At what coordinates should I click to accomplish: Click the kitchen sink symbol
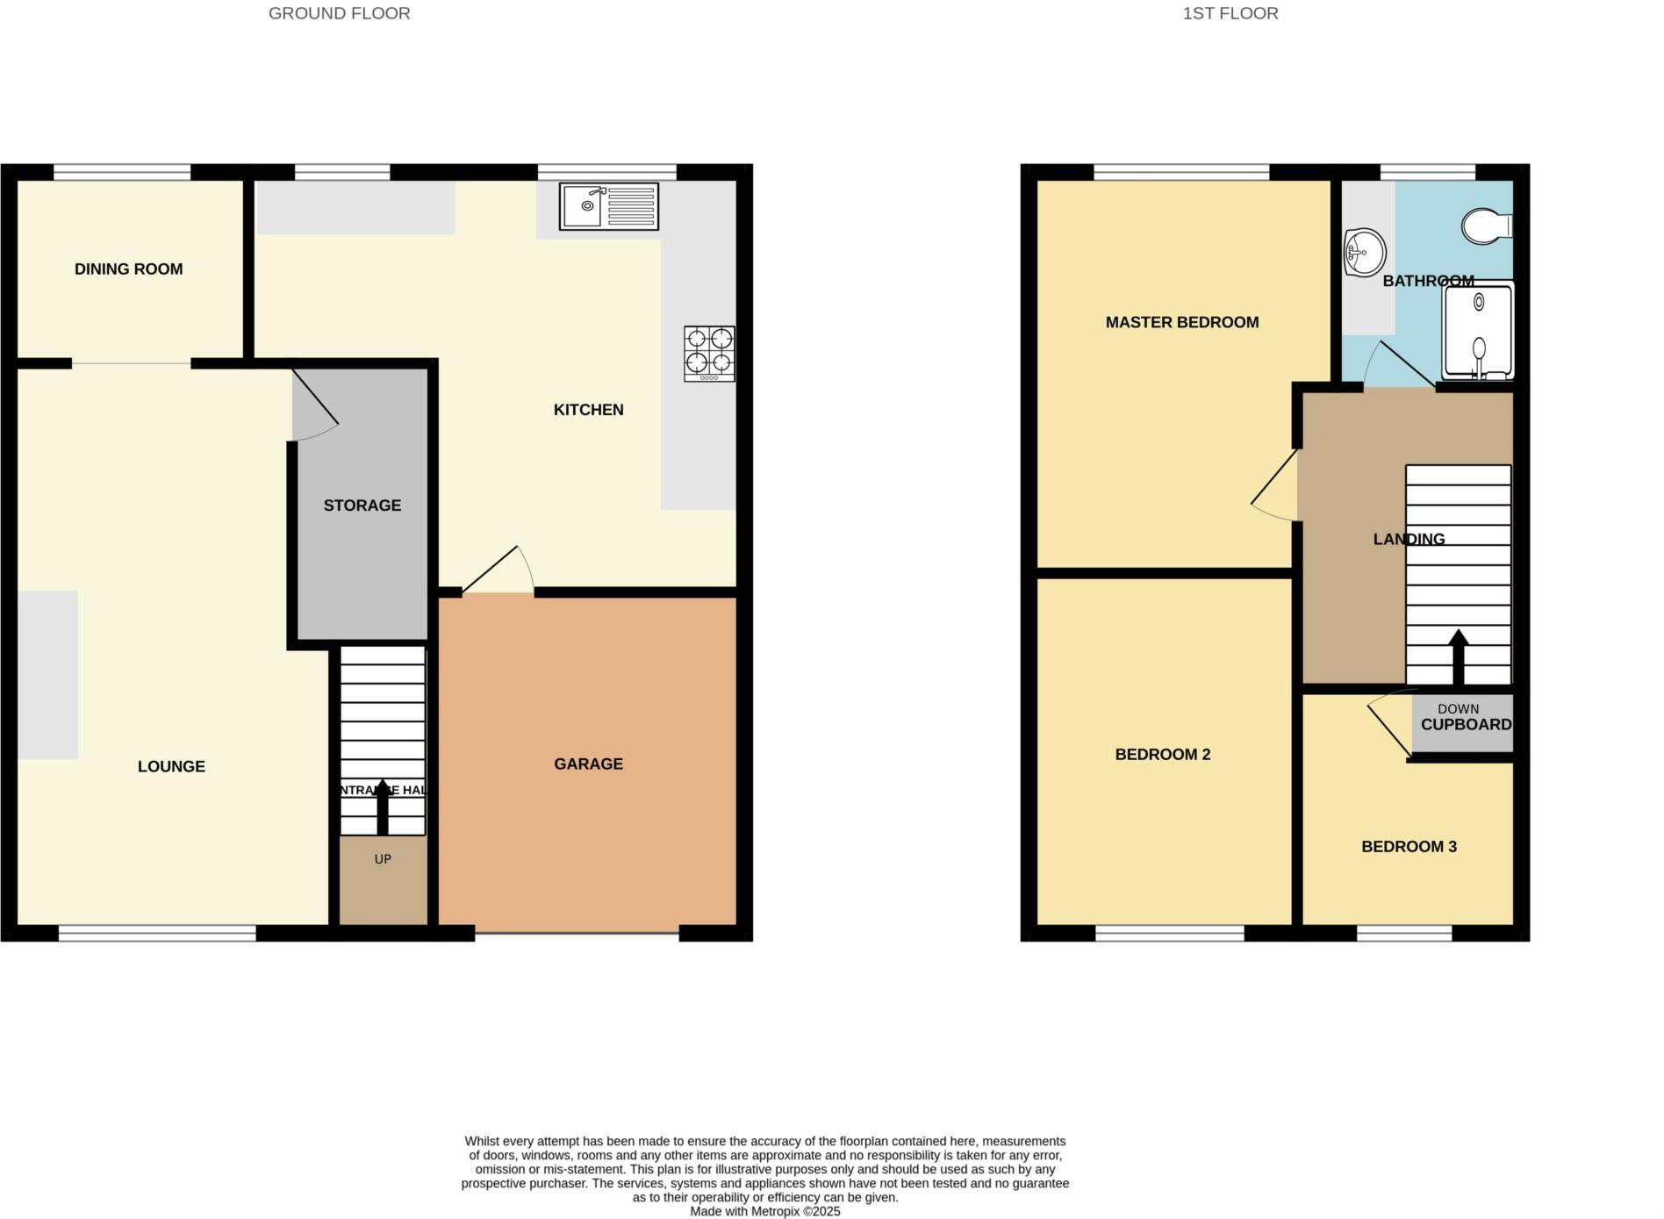click(x=608, y=206)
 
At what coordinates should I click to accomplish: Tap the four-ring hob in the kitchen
click(x=709, y=353)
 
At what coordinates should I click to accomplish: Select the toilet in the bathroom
click(x=1486, y=226)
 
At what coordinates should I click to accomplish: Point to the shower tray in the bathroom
click(x=1479, y=331)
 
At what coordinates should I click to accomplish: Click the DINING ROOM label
click(x=128, y=269)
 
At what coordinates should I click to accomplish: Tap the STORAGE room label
click(x=362, y=506)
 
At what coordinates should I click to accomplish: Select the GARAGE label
click(x=588, y=764)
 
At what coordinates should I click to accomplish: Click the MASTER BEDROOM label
click(x=1181, y=322)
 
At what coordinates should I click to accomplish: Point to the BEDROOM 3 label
click(x=1408, y=847)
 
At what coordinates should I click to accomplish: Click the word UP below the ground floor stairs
click(x=383, y=859)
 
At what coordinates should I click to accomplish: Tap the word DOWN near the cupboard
click(x=1458, y=708)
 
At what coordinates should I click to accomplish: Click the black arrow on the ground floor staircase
click(x=382, y=806)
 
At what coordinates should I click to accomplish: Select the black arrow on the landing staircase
click(x=1458, y=656)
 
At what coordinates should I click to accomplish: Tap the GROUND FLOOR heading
click(x=339, y=13)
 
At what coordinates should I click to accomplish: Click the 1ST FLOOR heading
click(x=1230, y=13)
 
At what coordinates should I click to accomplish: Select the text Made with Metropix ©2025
click(x=764, y=1211)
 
